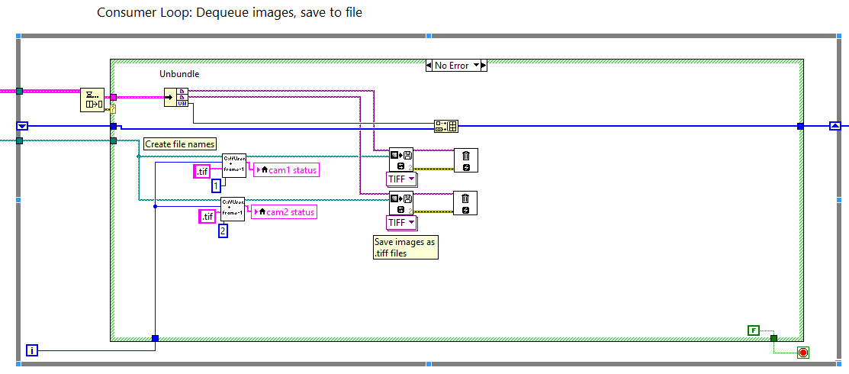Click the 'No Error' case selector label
tap(452, 66)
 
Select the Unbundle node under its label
tap(176, 97)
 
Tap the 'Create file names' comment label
tap(180, 143)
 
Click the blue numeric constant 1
tap(217, 185)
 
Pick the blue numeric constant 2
tap(223, 230)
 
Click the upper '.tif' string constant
tap(202, 172)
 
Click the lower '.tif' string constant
tap(207, 217)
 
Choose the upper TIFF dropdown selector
tap(402, 179)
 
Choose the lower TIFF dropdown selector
tap(402, 222)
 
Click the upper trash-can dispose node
tap(465, 160)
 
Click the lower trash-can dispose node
tap(465, 203)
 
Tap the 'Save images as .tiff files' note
tap(405, 247)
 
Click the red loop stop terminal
tap(802, 352)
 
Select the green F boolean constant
tap(754, 330)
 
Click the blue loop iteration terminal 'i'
tap(32, 350)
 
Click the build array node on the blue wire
tap(445, 127)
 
